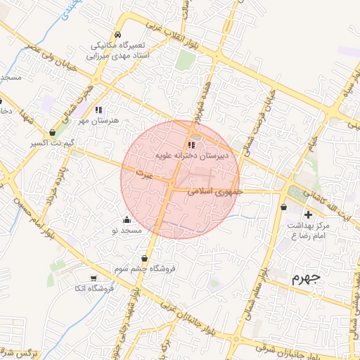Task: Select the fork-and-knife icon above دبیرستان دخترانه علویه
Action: (x=192, y=146)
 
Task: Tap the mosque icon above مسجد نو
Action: (x=127, y=219)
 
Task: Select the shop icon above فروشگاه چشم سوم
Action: (x=145, y=259)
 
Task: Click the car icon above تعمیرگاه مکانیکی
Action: (x=118, y=34)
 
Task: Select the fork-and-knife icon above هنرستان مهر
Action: (x=98, y=110)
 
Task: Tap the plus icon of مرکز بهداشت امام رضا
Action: (x=307, y=214)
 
